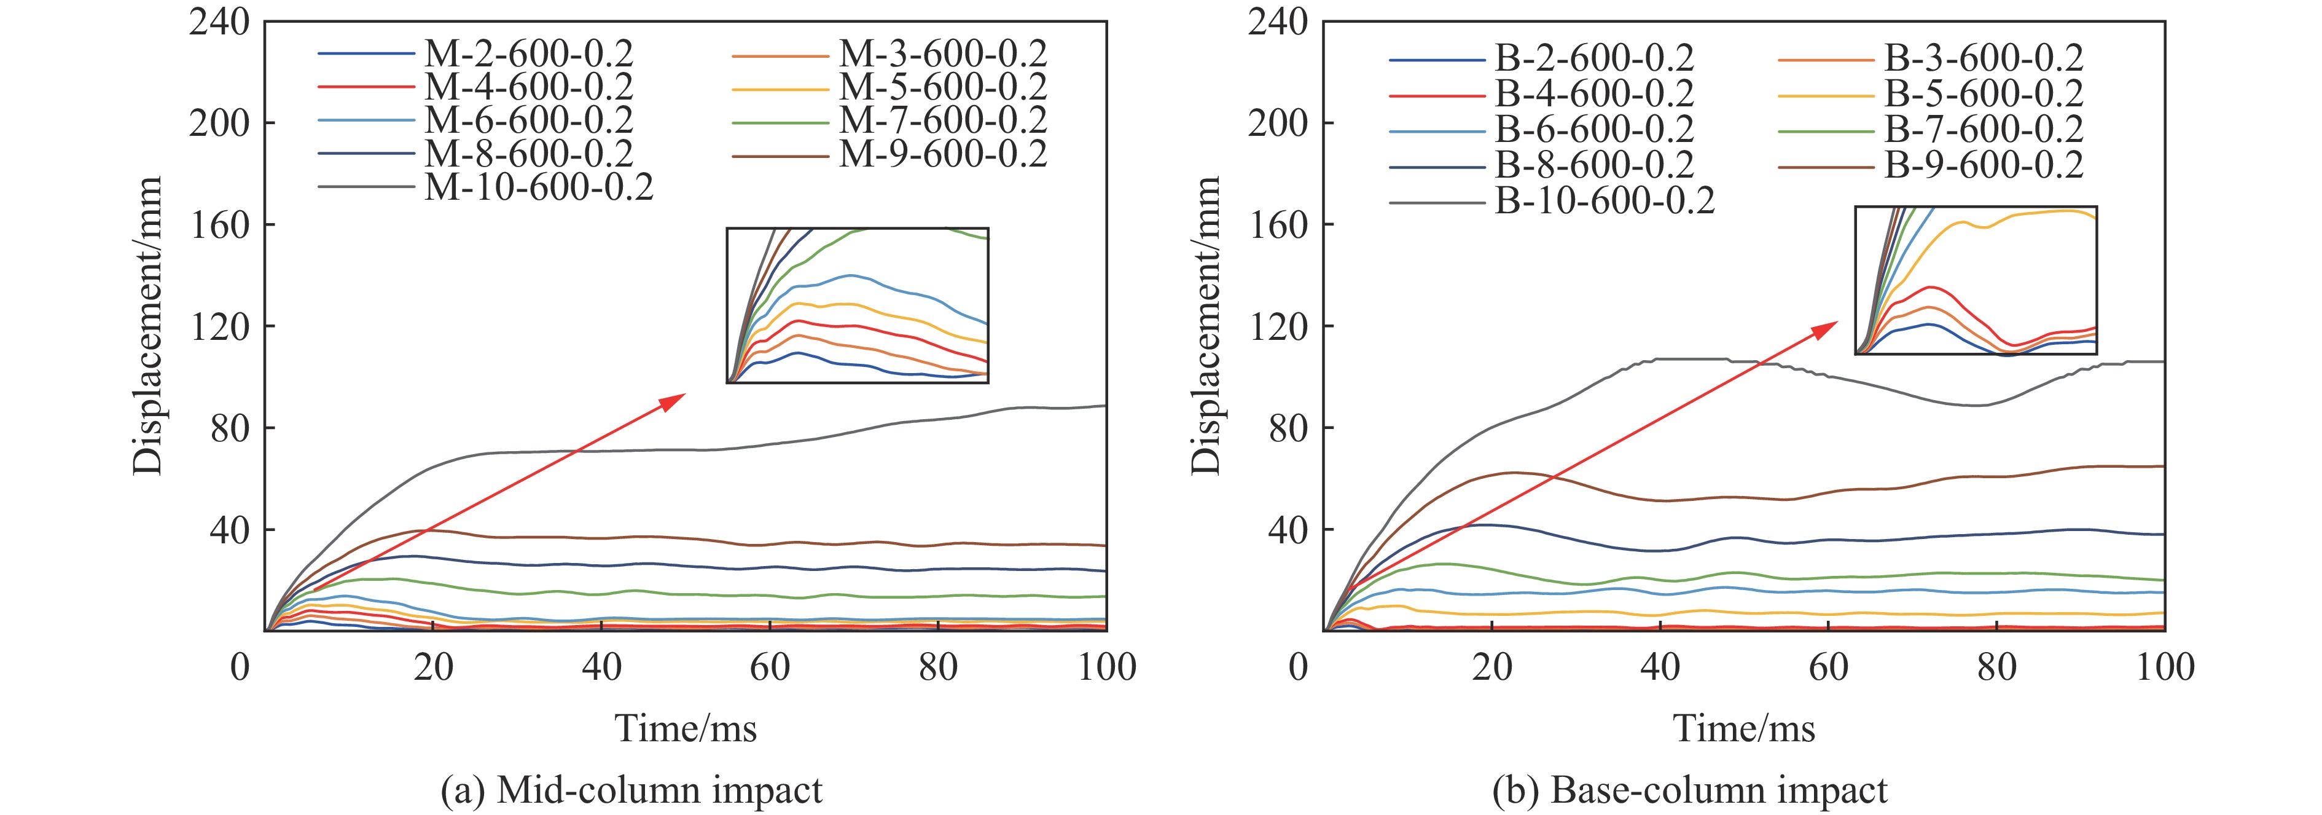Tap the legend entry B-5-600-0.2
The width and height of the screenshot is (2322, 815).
(1983, 94)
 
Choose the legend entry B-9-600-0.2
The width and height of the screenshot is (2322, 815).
(1983, 165)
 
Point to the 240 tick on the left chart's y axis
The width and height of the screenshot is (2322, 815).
(219, 22)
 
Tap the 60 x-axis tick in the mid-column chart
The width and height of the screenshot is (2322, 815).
(770, 668)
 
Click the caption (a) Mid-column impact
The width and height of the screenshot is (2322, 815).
(631, 790)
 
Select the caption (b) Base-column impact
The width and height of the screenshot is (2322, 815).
(1689, 790)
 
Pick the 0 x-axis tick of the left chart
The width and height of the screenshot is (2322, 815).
(240, 668)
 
